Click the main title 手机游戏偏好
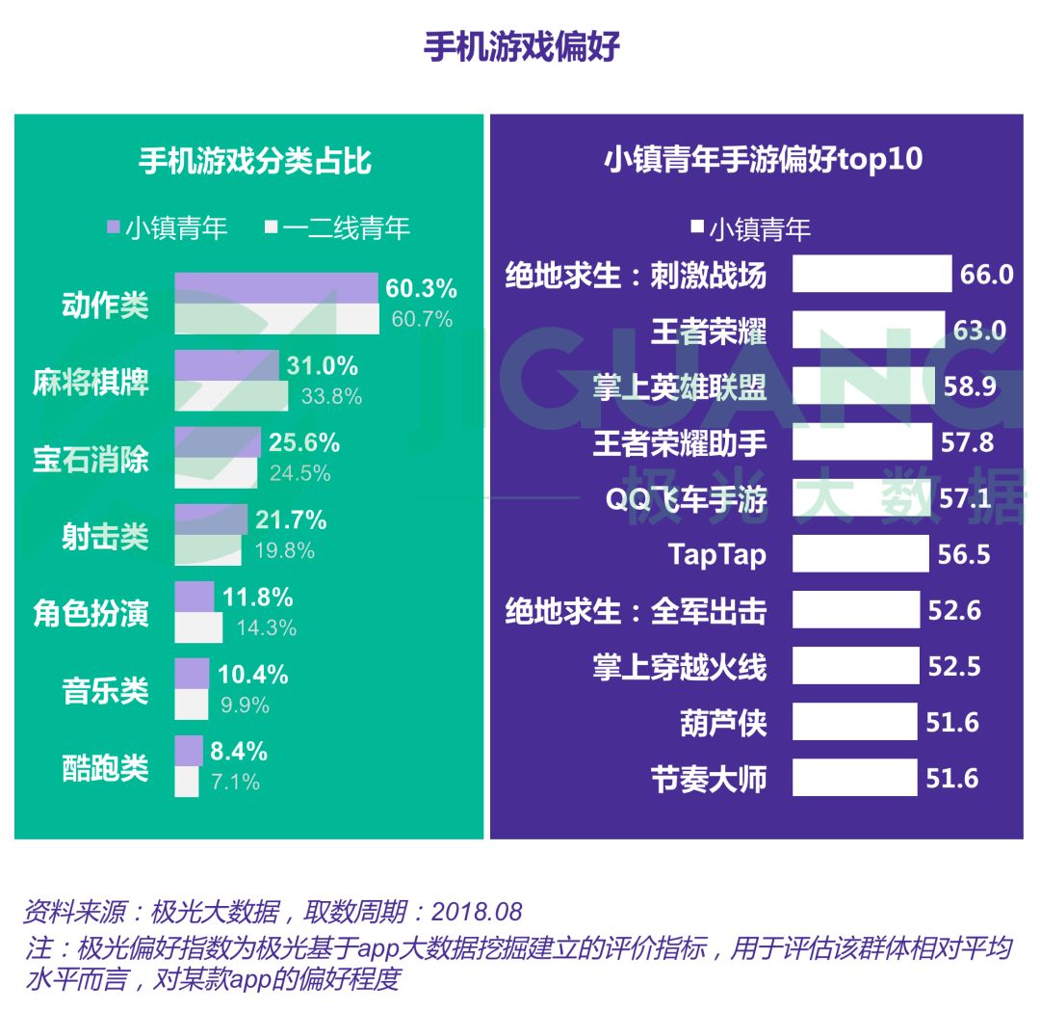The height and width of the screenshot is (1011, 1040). click(521, 47)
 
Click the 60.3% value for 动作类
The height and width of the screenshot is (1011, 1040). click(421, 288)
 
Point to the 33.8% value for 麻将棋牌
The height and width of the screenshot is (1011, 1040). click(331, 396)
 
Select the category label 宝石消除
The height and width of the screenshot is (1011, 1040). click(91, 459)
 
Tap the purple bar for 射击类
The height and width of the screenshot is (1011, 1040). click(211, 520)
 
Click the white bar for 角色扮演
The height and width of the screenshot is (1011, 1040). click(198, 627)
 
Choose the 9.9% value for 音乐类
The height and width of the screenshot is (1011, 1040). click(245, 705)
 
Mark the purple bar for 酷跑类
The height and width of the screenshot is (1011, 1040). click(189, 751)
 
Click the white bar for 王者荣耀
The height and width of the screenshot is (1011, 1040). click(868, 331)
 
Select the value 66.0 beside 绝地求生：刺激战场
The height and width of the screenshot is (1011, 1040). click(986, 275)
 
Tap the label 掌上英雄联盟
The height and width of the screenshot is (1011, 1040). click(680, 387)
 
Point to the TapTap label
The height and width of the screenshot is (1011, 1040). click(717, 554)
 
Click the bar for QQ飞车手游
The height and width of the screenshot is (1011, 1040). click(862, 498)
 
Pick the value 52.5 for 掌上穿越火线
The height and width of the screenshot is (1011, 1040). click(953, 666)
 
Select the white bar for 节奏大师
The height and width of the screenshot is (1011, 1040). click(854, 778)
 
